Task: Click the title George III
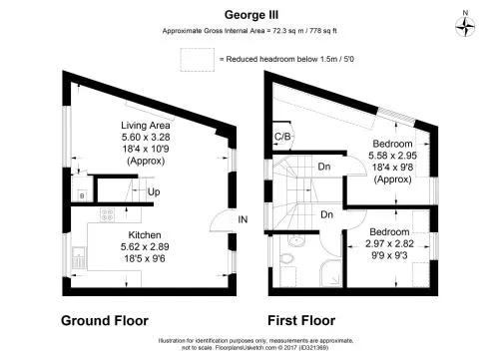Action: point(251,15)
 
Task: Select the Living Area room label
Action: point(146,126)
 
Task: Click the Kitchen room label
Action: point(145,235)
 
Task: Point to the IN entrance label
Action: point(243,219)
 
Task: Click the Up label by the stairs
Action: point(154,191)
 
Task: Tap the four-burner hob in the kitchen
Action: point(108,215)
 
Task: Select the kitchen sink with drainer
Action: point(79,258)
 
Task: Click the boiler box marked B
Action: point(82,195)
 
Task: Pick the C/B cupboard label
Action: point(282,137)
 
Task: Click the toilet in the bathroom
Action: point(286,258)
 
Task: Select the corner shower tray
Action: point(330,273)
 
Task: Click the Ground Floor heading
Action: point(105,321)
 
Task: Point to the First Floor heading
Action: point(301,321)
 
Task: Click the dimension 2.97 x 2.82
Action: point(389,243)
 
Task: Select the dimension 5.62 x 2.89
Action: point(145,247)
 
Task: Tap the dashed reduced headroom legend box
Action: point(198,60)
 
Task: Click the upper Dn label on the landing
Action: point(324,167)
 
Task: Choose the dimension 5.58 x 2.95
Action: point(392,156)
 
